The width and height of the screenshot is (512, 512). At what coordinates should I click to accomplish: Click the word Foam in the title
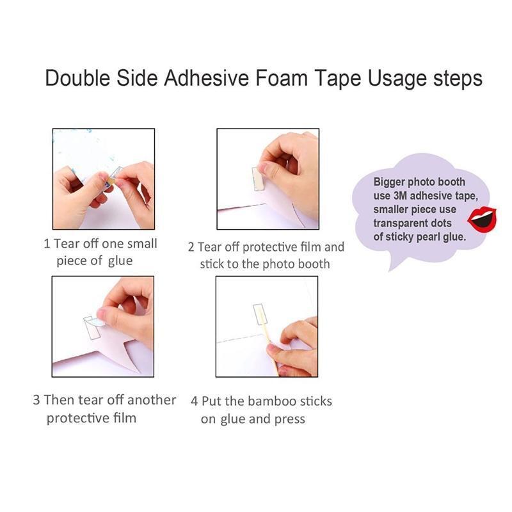click(x=282, y=78)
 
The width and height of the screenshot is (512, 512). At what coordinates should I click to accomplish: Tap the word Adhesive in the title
click(x=206, y=78)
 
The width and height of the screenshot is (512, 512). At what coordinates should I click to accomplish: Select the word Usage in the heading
click(x=397, y=79)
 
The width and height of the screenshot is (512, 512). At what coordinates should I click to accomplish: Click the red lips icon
click(x=482, y=220)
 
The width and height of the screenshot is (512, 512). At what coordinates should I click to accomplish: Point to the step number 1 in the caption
click(x=47, y=244)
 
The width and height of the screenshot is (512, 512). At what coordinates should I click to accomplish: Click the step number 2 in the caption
click(x=191, y=247)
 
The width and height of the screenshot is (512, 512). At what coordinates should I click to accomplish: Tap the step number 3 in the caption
click(x=36, y=400)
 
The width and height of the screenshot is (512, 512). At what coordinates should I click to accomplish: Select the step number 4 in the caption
click(x=195, y=401)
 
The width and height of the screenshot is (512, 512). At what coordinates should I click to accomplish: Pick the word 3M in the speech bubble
click(x=400, y=196)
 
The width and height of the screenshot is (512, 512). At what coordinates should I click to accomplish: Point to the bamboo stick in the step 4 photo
click(x=268, y=340)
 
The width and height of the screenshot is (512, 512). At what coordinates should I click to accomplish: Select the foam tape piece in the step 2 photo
click(x=258, y=179)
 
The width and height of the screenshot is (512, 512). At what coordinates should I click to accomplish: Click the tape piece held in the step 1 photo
click(x=113, y=177)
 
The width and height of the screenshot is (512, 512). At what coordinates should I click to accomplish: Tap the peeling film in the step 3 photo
click(x=97, y=322)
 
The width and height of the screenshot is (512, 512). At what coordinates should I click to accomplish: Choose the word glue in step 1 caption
click(x=120, y=261)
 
